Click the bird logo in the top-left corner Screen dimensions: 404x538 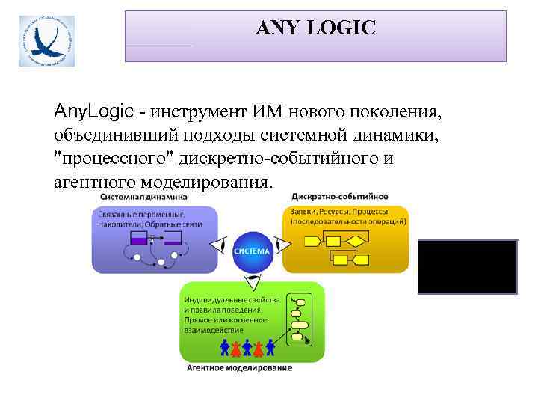(47, 40)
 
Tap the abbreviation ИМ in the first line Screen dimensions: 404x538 (266, 112)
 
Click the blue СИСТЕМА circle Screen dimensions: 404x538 (251, 251)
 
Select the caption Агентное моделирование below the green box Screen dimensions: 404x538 (238, 367)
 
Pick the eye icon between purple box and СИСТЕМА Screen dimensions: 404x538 (218, 245)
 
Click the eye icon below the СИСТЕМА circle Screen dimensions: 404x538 (252, 283)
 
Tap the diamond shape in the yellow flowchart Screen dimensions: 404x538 (356, 240)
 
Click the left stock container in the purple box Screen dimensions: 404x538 (140, 239)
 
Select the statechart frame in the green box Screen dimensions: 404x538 (301, 319)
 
